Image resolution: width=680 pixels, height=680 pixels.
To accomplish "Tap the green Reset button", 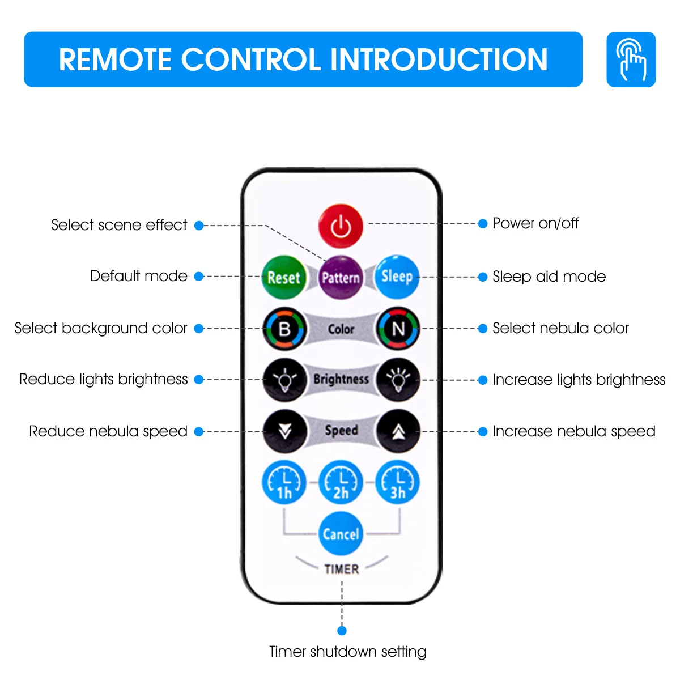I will point(284,277).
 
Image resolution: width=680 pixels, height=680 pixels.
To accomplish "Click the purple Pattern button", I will point(341,277).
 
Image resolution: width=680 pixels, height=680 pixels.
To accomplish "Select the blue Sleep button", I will point(397,277).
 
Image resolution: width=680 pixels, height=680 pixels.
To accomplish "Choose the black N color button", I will point(398,329).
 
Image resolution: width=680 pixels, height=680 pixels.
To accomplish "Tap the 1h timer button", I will point(284,483).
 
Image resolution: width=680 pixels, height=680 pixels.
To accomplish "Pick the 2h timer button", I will point(341,483).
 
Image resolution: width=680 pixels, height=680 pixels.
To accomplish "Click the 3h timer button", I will point(398,483).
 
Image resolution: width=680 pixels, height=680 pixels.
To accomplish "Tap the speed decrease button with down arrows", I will point(285,431).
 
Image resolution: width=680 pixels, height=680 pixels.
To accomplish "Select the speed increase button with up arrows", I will point(398,431).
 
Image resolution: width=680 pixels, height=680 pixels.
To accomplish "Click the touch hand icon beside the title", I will point(631,59).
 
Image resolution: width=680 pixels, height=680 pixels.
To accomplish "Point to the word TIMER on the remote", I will point(342,569).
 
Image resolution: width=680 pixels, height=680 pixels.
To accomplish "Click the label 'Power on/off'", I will point(535,223).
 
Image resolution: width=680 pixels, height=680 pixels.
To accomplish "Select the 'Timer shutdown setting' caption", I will point(348,652).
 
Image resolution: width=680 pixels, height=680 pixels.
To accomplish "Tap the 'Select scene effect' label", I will point(119,225).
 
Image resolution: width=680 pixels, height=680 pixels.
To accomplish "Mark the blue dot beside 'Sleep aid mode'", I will point(483,277).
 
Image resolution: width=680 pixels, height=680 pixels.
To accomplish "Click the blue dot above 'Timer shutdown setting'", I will point(342,631).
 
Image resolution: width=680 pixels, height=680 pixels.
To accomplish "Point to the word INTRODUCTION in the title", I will point(439,59).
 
